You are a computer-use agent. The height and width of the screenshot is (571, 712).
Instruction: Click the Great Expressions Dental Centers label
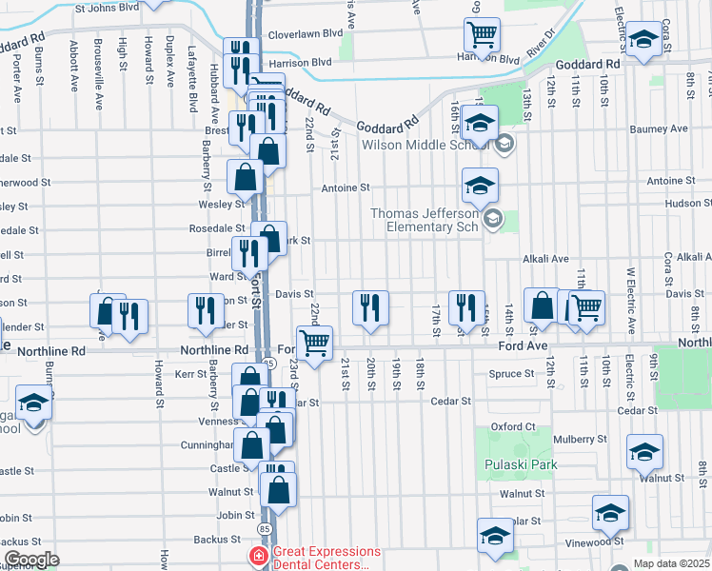pyautogui.click(x=326, y=558)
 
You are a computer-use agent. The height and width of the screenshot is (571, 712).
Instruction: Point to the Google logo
pyautogui.click(x=31, y=560)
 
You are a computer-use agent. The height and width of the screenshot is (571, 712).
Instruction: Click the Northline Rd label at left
pyautogui.click(x=51, y=351)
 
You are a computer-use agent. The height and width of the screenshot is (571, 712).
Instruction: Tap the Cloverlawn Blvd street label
pyautogui.click(x=305, y=31)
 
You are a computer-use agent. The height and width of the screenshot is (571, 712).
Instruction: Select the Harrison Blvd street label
pyautogui.click(x=299, y=62)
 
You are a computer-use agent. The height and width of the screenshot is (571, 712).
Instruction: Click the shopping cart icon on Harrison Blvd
pyautogui.click(x=483, y=35)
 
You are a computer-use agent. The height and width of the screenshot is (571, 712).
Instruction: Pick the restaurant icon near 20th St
pyautogui.click(x=370, y=307)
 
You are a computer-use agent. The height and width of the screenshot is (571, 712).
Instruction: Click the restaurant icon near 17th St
pyautogui.click(x=466, y=307)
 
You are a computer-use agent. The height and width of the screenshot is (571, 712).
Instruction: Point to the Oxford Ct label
pyautogui.click(x=513, y=426)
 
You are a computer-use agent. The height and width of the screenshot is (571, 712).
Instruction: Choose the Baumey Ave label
pyautogui.click(x=665, y=128)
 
